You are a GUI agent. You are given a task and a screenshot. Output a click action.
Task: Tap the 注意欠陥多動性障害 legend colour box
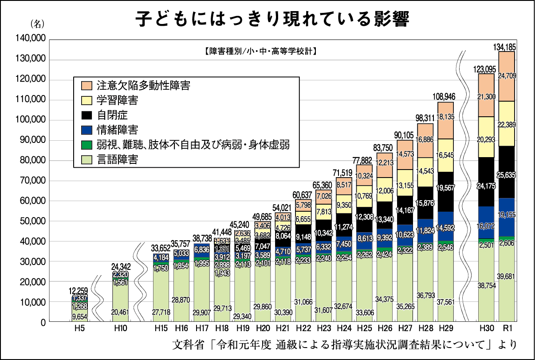pyautogui.click(x=87, y=85)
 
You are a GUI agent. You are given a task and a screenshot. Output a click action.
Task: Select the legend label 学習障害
pyautogui.click(x=118, y=100)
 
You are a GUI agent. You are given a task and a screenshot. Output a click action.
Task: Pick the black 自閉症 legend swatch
pyautogui.click(x=87, y=115)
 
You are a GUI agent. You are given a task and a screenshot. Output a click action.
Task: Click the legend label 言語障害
pyautogui.click(x=118, y=159)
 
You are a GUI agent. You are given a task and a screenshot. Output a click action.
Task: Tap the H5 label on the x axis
pyautogui.click(x=79, y=329)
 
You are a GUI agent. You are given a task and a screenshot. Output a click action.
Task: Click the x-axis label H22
pyautogui.click(x=303, y=329)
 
